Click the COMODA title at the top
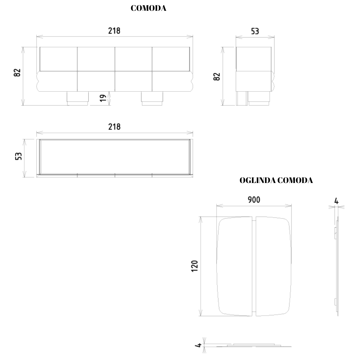click(x=148, y=8)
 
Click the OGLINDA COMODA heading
click(x=276, y=180)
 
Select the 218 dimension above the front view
click(x=114, y=31)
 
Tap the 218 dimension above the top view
click(x=114, y=127)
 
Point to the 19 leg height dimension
click(x=103, y=98)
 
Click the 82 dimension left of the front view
click(x=17, y=73)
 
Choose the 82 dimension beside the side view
click(x=217, y=76)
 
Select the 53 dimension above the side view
click(x=255, y=31)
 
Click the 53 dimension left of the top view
click(x=18, y=156)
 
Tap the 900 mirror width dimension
click(x=254, y=200)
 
